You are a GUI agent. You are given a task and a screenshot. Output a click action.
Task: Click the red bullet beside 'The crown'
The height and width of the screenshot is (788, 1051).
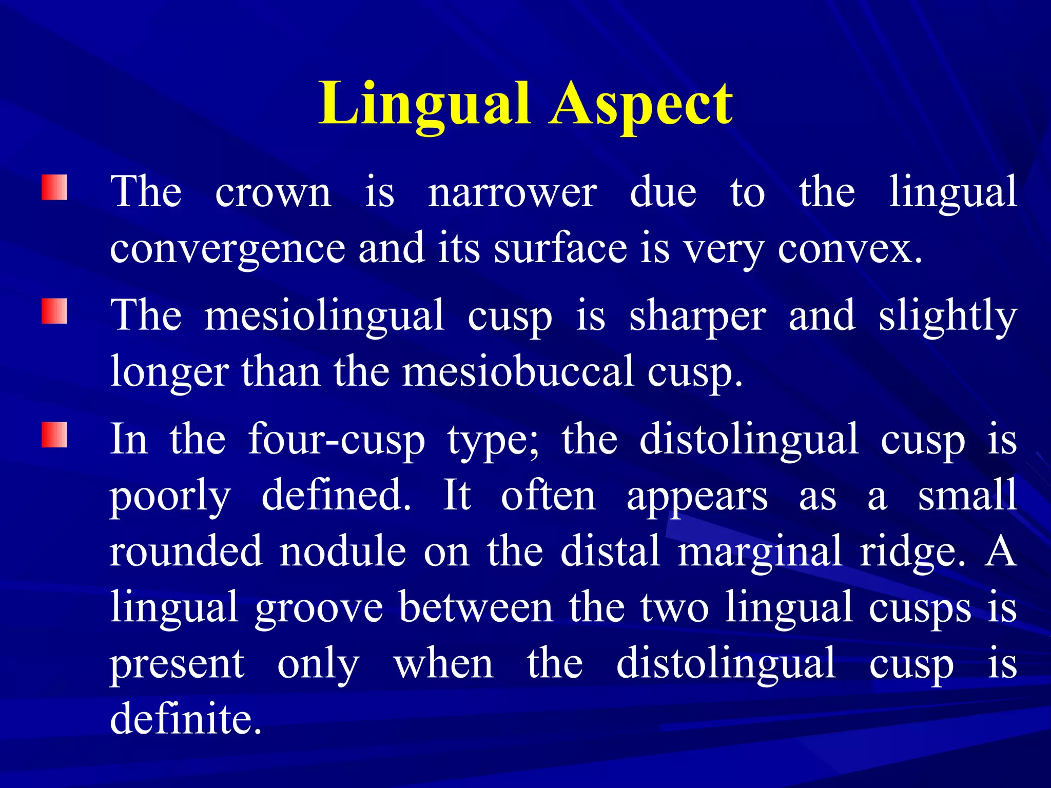click(54, 188)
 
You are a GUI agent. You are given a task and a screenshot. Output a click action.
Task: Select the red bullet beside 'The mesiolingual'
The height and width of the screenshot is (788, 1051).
click(54, 311)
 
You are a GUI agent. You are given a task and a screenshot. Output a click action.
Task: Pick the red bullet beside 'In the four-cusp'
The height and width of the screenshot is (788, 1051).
click(54, 435)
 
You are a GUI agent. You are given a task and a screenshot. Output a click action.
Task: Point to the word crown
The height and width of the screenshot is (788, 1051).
click(273, 193)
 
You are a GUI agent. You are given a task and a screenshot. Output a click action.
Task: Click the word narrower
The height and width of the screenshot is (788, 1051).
click(512, 193)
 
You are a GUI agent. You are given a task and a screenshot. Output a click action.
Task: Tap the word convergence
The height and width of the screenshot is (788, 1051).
click(227, 249)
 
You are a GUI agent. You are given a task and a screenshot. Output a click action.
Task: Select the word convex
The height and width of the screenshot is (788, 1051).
click(849, 249)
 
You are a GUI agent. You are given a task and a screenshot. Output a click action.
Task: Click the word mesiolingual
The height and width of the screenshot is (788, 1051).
click(324, 316)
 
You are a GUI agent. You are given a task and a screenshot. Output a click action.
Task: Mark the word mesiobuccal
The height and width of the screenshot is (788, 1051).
click(518, 371)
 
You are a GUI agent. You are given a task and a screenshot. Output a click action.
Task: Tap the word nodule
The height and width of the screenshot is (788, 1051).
click(343, 551)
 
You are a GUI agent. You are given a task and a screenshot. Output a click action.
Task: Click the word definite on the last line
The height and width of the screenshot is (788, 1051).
click(186, 718)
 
